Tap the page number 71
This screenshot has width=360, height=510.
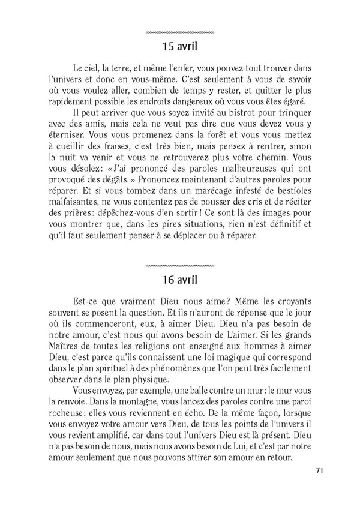point(319,470)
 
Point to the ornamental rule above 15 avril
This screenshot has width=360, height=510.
point(180,31)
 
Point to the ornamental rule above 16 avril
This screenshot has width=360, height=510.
point(180,265)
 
